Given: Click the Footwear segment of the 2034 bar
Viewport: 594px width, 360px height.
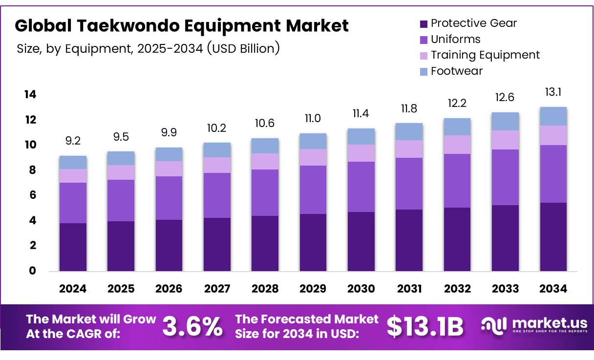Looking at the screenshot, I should [553, 116].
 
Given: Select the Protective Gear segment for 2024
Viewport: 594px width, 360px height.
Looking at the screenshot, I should [73, 247].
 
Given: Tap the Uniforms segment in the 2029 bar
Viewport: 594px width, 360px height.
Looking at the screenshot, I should [313, 190].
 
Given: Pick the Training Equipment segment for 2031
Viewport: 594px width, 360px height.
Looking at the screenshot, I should [409, 149].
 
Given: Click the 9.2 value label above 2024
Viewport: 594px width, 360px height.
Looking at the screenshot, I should [73, 141].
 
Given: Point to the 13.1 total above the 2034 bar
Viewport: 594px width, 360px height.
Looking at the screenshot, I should [553, 92].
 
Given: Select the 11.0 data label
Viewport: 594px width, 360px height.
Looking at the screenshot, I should [313, 119].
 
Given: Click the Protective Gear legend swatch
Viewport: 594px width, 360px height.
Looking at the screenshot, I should [424, 23].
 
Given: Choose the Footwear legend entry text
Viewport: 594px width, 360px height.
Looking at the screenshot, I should [456, 71].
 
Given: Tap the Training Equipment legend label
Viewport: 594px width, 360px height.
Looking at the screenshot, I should [485, 55].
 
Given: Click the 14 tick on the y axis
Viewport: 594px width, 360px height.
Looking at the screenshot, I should [30, 94].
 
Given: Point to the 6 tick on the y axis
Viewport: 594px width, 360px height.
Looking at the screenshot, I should [32, 195].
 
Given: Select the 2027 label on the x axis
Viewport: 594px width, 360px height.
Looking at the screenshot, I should [217, 289].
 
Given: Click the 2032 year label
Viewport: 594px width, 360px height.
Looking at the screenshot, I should [457, 289].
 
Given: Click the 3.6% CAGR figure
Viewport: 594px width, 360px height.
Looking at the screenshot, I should [192, 326].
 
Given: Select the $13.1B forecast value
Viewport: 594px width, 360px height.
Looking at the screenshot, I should [424, 326].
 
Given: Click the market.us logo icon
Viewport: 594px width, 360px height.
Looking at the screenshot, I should [493, 326].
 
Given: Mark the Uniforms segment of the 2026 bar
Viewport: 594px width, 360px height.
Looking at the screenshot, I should [169, 198].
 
